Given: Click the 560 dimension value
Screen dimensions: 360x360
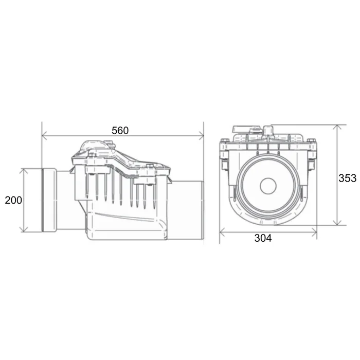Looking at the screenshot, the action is click(120, 131).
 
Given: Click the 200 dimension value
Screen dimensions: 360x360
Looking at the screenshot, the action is click(13, 200).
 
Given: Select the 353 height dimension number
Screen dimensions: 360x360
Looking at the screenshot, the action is click(347, 178).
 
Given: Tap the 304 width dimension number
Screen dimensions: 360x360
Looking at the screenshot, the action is click(263, 238).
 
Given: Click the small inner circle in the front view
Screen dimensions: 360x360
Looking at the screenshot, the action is click(268, 186).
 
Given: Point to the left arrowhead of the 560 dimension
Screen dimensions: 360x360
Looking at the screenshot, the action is click(45, 135).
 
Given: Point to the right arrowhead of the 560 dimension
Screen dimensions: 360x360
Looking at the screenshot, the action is click(201, 135).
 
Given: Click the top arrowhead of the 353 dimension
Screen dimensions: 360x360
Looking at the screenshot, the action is click(337, 128).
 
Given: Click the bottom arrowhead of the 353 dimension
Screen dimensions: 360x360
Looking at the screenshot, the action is click(337, 222).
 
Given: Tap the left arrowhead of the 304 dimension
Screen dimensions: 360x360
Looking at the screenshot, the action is click(222, 232).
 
